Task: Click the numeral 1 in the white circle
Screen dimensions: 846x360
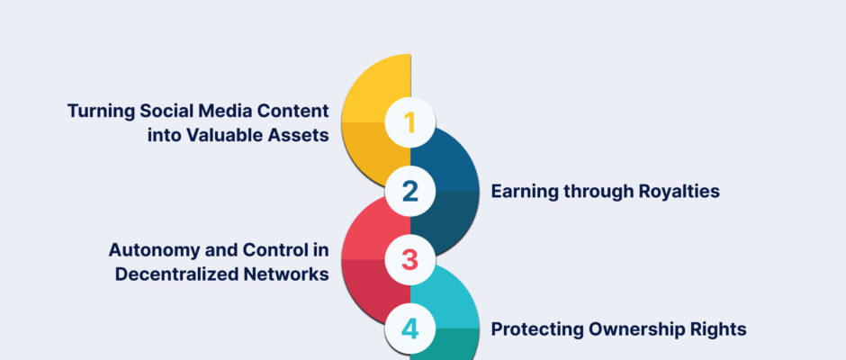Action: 409,122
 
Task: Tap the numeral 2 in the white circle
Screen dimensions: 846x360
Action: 410,192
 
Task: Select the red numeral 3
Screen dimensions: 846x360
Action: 410,260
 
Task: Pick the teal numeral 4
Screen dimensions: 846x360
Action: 410,329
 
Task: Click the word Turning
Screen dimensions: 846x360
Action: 101,112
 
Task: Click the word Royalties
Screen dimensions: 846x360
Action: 679,192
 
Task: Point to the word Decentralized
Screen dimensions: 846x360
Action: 177,274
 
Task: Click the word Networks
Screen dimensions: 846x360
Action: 286,274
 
